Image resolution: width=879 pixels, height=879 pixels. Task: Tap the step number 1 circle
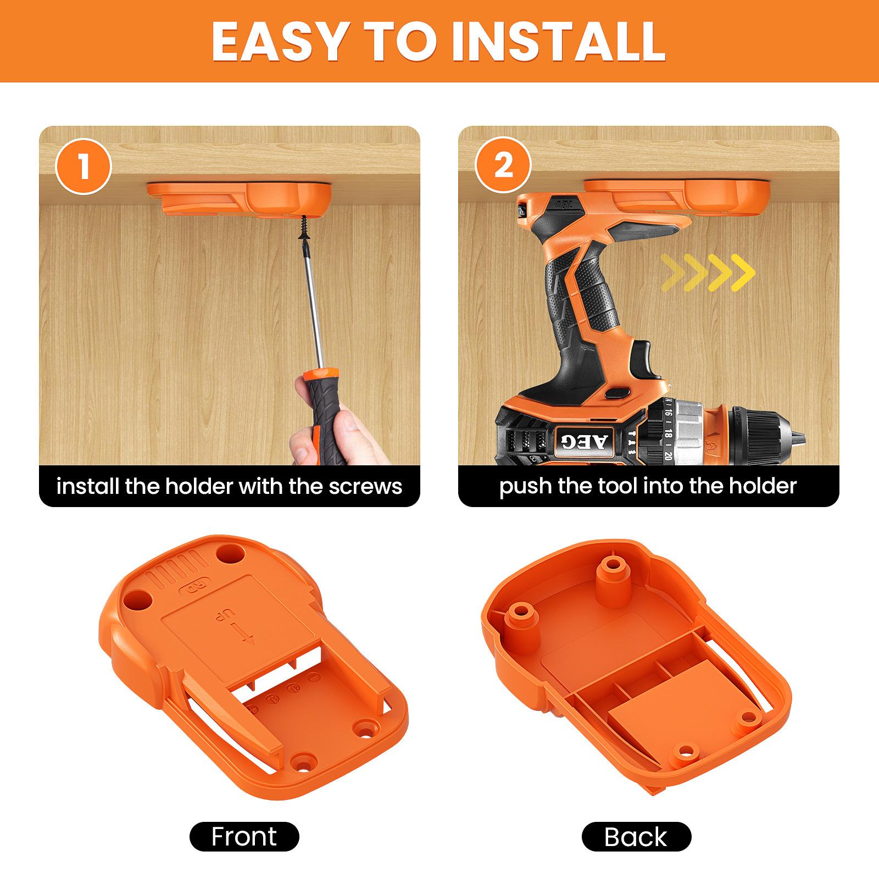point(84,166)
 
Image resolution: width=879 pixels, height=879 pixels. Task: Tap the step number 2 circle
point(503,165)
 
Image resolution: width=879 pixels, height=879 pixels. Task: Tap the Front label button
point(244,837)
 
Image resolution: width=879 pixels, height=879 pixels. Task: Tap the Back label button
point(636,837)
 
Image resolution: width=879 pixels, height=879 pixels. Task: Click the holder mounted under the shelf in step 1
point(239,199)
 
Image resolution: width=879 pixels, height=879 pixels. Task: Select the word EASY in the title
point(278,42)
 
